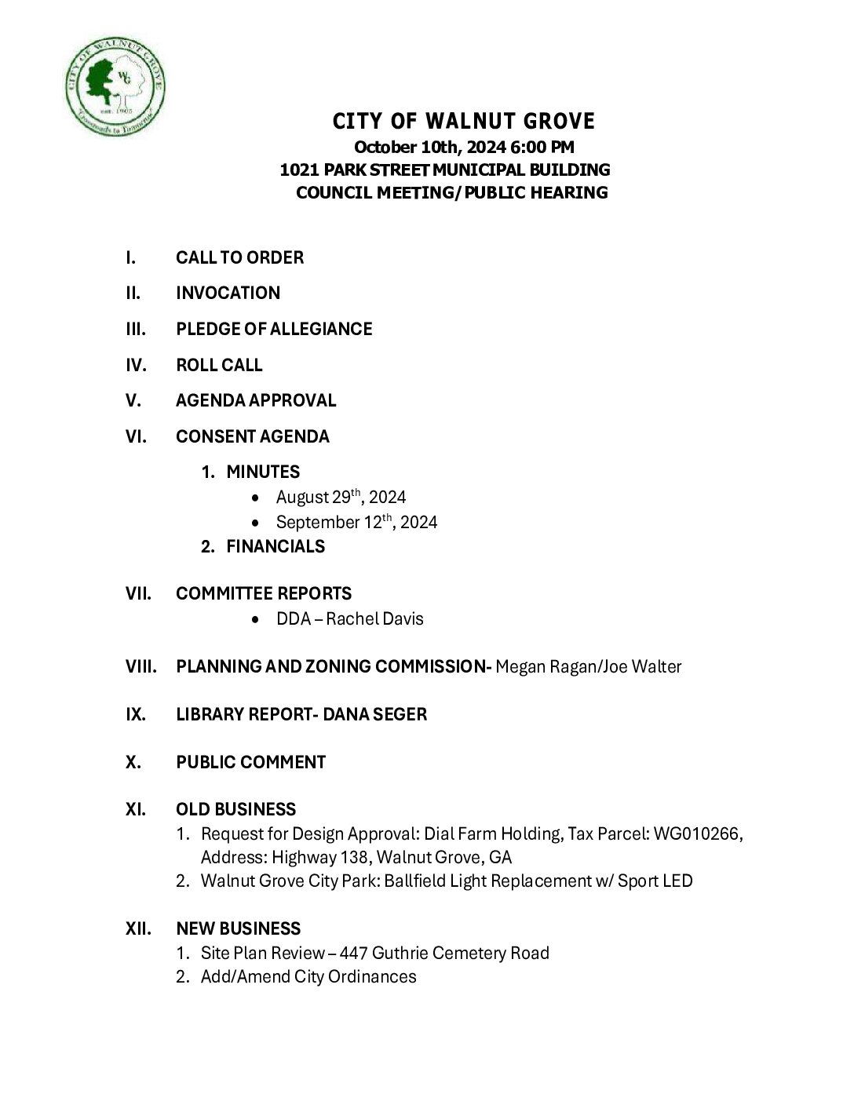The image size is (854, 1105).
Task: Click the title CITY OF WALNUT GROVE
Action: pos(464,122)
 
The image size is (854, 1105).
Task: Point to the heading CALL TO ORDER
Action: pos(239,257)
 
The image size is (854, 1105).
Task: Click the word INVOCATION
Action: pos(228,293)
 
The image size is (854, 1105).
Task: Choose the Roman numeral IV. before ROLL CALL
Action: pos(136,365)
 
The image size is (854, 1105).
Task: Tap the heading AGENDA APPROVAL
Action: pos(256,400)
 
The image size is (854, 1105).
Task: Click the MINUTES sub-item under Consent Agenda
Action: pos(263,472)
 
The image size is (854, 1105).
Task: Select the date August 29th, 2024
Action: pos(341,497)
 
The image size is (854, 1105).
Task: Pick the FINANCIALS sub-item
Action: pos(276,546)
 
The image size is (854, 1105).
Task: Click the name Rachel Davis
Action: pos(374,618)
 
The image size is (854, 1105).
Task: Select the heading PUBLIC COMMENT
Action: pos(250,762)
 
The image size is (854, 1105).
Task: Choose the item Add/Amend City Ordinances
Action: pos(308,976)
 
